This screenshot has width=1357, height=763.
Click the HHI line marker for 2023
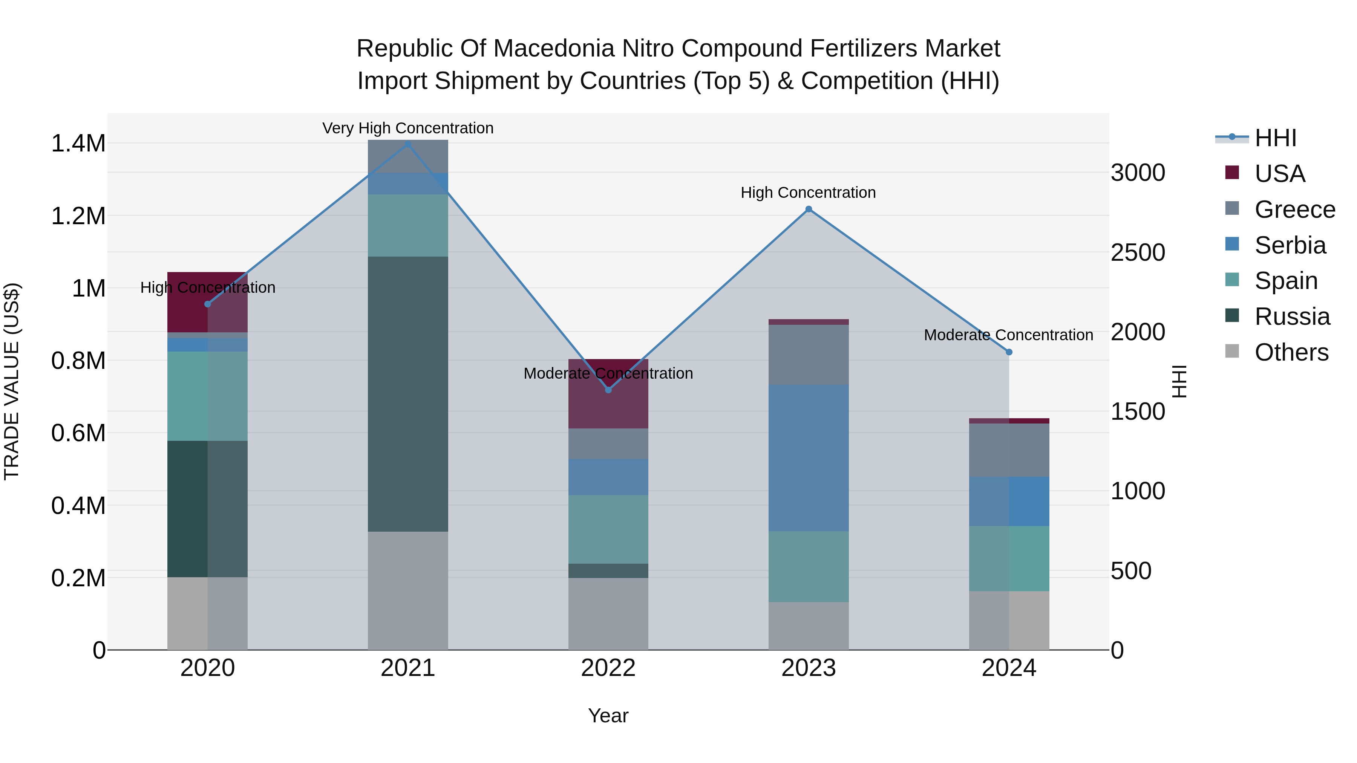[x=809, y=209]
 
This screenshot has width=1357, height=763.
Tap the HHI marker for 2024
[x=1009, y=352]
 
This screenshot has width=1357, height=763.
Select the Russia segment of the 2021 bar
[x=408, y=394]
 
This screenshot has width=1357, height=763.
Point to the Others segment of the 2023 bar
[x=809, y=625]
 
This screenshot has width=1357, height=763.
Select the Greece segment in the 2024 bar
[x=1009, y=450]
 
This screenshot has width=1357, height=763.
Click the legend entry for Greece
[x=1294, y=209]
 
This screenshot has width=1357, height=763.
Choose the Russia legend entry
[x=1292, y=317]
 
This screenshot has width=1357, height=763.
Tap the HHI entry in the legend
[x=1275, y=138]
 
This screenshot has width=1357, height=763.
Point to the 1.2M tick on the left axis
[x=78, y=216]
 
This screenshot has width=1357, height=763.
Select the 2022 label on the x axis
[x=608, y=668]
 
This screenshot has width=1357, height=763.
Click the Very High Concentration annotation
[x=408, y=128]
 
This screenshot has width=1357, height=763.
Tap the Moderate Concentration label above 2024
[x=1008, y=335]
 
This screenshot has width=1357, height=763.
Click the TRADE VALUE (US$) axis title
[x=12, y=381]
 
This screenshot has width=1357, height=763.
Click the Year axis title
[x=608, y=716]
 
